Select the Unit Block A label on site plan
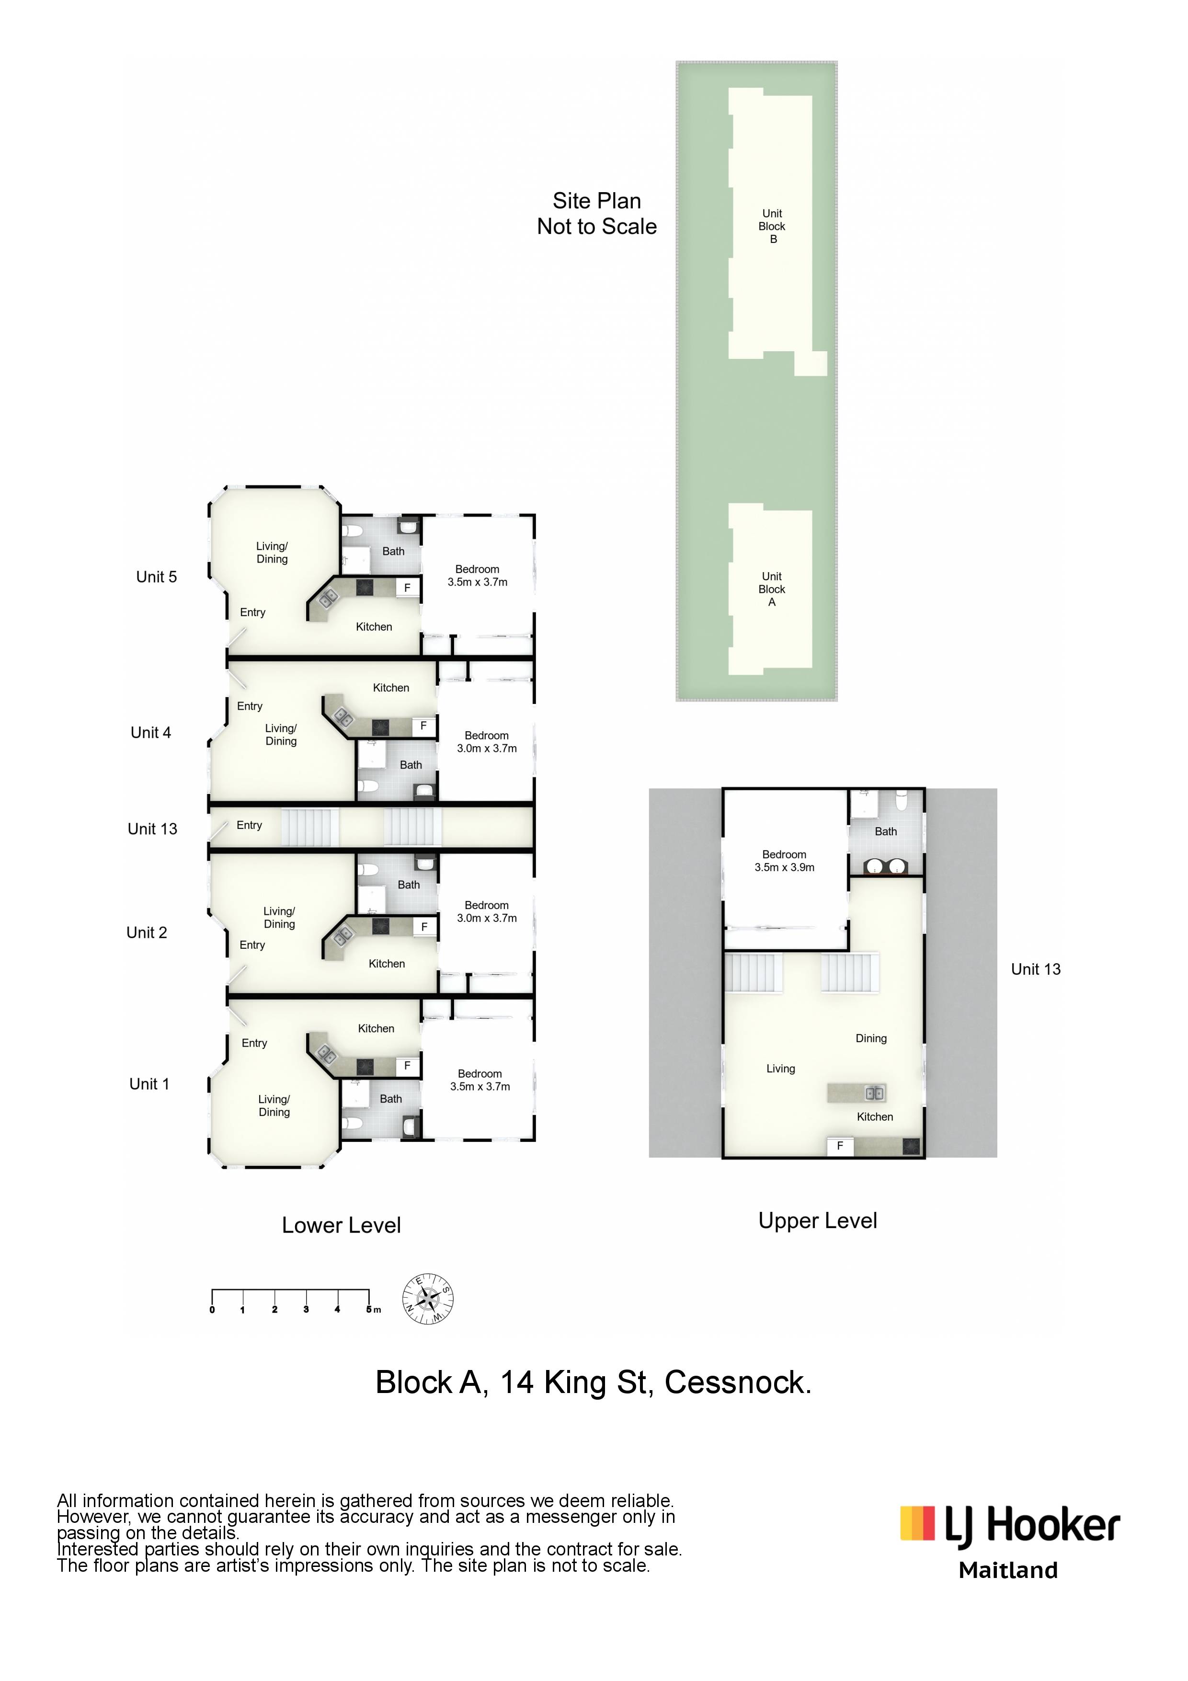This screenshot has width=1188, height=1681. tap(772, 589)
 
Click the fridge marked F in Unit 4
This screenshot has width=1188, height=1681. tap(423, 726)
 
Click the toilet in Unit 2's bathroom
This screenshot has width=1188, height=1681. tap(368, 870)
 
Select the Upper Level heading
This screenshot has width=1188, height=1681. tap(818, 1220)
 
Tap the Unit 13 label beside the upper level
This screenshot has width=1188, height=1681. tap(1036, 969)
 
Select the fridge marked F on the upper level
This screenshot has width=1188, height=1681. tap(840, 1146)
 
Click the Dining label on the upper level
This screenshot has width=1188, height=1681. tap(871, 1038)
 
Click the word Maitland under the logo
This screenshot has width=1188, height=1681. tap(1009, 1570)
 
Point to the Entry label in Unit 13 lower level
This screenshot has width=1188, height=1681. tap(249, 825)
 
